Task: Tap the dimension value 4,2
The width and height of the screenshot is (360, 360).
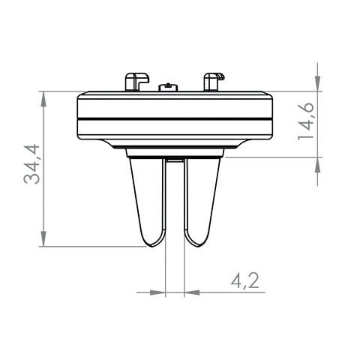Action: click(244, 281)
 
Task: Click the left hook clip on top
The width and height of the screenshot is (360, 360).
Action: click(135, 81)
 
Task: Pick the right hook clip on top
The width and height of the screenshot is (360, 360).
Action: click(213, 81)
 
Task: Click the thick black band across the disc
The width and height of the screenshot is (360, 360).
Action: click(175, 119)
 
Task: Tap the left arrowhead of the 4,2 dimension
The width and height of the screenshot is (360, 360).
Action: click(157, 292)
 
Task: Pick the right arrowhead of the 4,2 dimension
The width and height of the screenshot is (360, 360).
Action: click(192, 292)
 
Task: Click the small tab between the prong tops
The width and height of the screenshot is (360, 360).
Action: click(175, 159)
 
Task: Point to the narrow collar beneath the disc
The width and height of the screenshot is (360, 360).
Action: click(175, 152)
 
